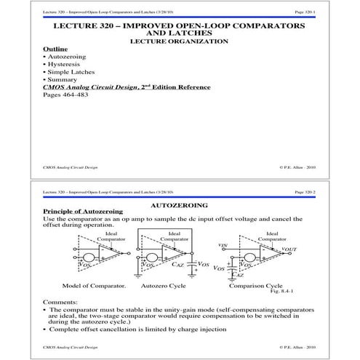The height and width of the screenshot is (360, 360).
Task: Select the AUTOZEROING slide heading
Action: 179,207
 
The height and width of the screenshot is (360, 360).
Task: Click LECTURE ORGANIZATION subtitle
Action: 178,41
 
